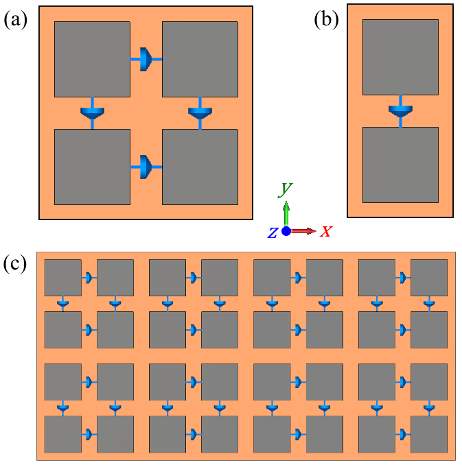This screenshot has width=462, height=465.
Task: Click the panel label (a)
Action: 15,20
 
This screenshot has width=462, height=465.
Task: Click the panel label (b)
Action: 326,20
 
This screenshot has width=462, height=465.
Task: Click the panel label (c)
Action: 15,264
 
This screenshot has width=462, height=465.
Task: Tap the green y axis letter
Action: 285,190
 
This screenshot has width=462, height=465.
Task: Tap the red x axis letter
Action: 326,231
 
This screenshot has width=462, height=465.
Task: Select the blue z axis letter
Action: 273,232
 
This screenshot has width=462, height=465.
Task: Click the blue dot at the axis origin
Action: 286,231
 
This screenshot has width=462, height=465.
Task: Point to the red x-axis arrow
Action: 303,231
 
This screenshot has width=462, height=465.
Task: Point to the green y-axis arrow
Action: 286,214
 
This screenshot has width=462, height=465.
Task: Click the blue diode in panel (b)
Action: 400,111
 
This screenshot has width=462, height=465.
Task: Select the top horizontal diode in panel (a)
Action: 146,59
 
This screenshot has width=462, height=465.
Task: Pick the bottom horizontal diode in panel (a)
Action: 146,167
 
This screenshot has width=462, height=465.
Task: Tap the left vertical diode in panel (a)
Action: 92,112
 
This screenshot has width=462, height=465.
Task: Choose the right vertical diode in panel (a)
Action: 200,112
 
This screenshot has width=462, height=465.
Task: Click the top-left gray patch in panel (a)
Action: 92,59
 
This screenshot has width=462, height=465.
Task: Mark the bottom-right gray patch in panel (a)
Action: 200,167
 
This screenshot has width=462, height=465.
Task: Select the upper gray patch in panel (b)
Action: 400,57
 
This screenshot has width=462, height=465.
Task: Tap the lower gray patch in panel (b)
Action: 400,165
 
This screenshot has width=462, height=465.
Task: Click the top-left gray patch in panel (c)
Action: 62,278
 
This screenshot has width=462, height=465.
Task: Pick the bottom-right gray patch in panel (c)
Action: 429,434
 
